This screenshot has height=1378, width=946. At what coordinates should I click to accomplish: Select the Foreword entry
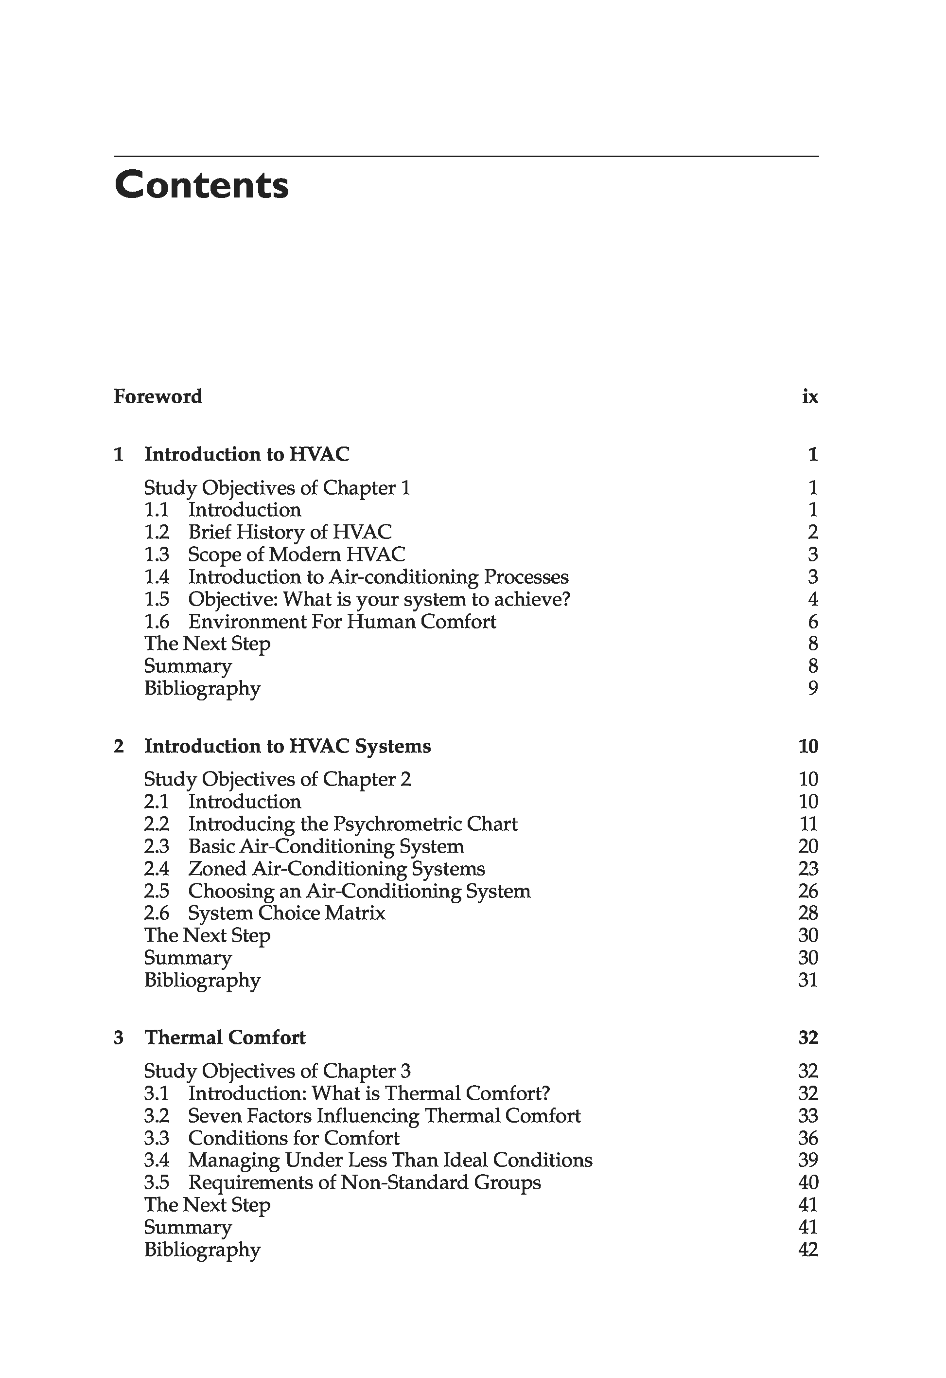click(x=158, y=396)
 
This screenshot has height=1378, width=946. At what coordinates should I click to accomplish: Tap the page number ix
click(x=810, y=396)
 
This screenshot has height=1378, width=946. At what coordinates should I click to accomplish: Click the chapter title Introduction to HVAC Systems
click(x=287, y=746)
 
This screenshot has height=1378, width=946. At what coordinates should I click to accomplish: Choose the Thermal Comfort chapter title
click(x=225, y=1038)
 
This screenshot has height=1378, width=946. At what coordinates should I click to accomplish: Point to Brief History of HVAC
click(x=290, y=532)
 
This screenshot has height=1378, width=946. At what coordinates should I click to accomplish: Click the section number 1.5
click(x=157, y=599)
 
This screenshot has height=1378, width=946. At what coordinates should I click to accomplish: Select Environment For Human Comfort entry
click(x=342, y=622)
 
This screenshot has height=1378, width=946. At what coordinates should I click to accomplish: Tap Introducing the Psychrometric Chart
click(x=352, y=824)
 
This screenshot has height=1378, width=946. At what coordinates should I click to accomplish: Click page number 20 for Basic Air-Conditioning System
click(x=808, y=847)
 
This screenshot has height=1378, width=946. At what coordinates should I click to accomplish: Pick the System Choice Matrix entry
click(x=287, y=913)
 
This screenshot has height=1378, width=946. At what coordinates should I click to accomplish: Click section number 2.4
click(x=157, y=869)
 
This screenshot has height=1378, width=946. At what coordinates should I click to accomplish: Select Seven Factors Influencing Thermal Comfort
click(x=384, y=1116)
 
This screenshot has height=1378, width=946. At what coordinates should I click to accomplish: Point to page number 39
click(x=808, y=1161)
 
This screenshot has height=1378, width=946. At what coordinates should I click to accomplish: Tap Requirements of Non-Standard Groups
click(x=365, y=1182)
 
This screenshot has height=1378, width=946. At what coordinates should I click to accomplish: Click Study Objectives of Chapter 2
click(x=278, y=779)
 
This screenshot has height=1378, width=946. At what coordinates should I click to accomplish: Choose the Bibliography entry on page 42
click(x=202, y=1250)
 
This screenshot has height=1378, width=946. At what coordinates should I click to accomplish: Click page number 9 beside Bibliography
click(x=813, y=688)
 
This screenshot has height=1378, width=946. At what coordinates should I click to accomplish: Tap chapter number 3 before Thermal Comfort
click(x=119, y=1038)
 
